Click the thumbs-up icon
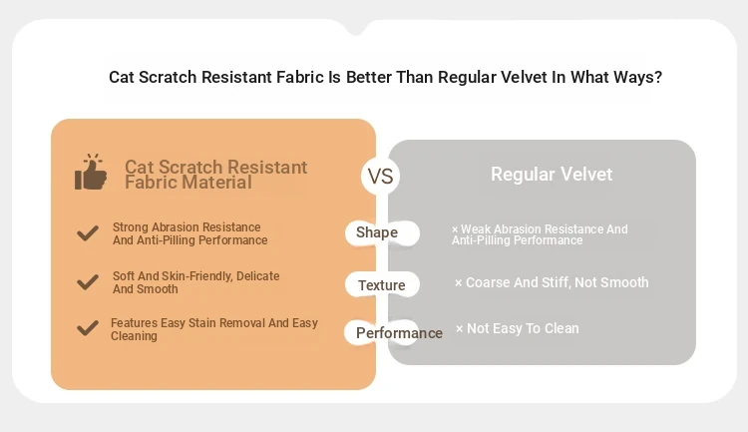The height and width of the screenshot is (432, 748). pos(91,172)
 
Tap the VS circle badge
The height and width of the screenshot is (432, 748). pos(380,177)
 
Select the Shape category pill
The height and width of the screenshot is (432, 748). pos(382,232)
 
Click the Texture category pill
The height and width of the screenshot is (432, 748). pos(382,285)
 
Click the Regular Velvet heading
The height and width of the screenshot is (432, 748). pos(552,175)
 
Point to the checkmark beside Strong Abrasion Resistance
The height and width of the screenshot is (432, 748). pos(88,232)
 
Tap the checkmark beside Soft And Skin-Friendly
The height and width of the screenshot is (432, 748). pos(88,282)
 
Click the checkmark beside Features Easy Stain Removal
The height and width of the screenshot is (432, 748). pos(88,328)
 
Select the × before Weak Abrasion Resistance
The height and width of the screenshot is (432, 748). pos(455,229)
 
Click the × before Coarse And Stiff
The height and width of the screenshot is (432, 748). pos(459,283)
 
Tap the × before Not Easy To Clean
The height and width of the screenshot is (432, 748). pos(460,329)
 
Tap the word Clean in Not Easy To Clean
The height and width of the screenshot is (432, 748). pos(561,328)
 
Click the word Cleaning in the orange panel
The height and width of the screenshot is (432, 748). pos(134,336)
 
